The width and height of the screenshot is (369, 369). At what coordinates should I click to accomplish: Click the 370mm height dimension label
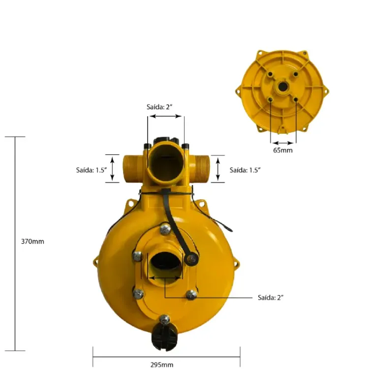pos(32,242)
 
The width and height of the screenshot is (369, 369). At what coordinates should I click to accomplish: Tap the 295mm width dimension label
pos(162,365)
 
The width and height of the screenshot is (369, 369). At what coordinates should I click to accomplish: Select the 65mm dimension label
pos(283,150)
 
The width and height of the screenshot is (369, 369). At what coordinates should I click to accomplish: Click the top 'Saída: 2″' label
pos(159,107)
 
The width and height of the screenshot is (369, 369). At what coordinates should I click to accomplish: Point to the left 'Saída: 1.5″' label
pos(92,170)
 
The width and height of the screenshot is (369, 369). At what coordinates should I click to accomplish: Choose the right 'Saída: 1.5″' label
pos(245,170)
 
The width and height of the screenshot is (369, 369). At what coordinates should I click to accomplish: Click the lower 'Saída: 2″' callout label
pos(271,298)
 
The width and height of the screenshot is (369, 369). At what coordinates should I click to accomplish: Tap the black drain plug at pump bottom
pos(164,337)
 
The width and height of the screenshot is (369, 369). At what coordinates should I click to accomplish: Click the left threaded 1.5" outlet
pos(132,168)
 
